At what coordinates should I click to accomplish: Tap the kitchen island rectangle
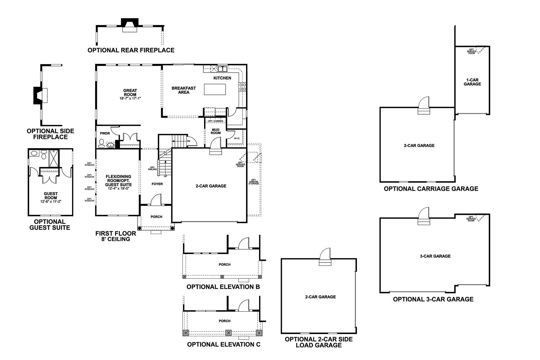pos(215,89)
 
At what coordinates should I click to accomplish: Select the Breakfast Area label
pos(184,90)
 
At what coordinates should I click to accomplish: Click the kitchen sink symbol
pos(223,69)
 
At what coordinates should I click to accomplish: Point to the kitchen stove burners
pos(242,87)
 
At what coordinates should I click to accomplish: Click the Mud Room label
pos(215,131)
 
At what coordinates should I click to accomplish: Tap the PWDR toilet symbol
pos(101,142)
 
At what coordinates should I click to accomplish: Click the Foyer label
pos(157,184)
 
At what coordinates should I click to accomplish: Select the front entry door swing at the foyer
pos(156,199)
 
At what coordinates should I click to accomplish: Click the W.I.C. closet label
pos(237,138)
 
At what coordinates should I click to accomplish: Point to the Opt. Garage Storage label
pos(254,182)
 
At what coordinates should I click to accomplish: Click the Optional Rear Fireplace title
pos(131,50)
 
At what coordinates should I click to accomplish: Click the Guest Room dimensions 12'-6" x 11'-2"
pos(51,202)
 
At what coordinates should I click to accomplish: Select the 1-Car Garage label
pos(472,82)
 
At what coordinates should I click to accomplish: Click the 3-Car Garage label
pos(435,256)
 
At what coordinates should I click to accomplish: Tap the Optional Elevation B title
pos(223,287)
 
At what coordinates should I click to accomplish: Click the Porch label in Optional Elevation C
pos(224,321)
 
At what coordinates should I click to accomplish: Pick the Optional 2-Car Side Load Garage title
pos(319,342)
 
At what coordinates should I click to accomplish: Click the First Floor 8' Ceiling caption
pos(116,236)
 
